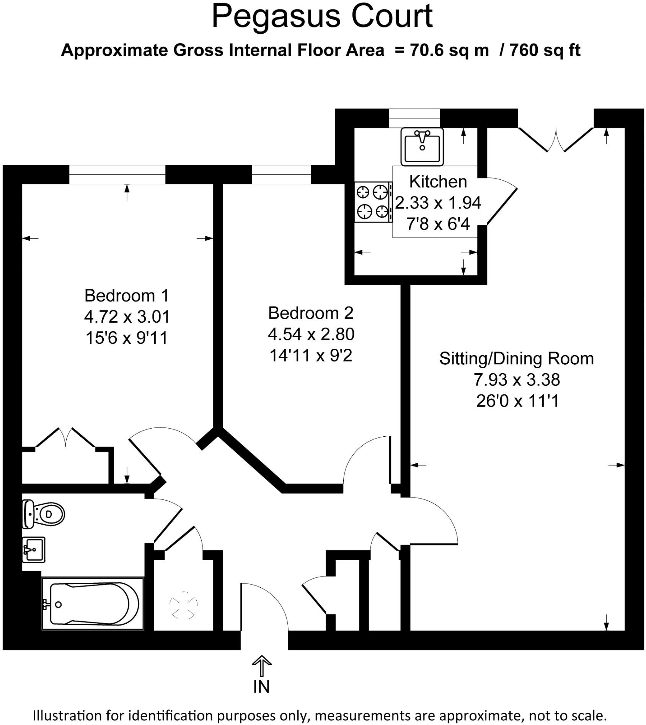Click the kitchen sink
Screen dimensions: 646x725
coord(422,146)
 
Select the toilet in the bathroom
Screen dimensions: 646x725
coord(43,514)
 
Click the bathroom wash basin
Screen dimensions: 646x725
coord(34,550)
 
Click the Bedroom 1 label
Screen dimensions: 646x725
coord(127,296)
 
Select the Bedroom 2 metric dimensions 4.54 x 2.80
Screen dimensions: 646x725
coord(311,335)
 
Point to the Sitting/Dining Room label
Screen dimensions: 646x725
coord(517,359)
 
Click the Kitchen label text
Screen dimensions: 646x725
coord(438,182)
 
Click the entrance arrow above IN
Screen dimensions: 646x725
coord(262,665)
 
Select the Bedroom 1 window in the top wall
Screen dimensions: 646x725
coord(117,174)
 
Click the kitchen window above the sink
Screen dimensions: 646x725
coord(414,118)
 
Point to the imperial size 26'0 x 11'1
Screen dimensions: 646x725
coord(517,401)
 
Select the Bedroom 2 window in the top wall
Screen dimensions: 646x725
coord(281,174)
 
